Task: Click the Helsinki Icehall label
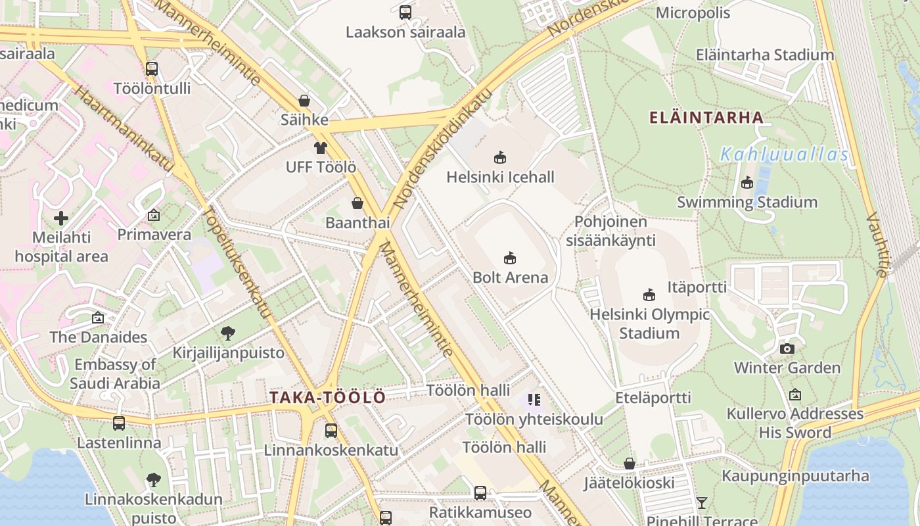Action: [500, 177]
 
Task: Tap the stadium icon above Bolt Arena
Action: [510, 258]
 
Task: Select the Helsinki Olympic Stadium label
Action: [649, 323]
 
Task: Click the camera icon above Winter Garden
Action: [787, 348]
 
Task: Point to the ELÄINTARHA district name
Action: [706, 118]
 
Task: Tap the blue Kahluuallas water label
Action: [785, 155]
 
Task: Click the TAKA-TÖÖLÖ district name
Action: [327, 398]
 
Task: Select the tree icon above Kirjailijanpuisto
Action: [228, 333]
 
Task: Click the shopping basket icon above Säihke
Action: [304, 101]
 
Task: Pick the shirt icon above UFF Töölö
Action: [320, 148]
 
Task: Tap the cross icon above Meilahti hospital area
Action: [61, 218]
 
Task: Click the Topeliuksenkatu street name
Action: [237, 262]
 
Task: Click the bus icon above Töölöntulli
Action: [152, 68]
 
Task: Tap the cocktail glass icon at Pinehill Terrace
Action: [702, 503]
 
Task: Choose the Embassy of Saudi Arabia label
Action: [115, 373]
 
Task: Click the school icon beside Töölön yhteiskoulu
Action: [534, 399]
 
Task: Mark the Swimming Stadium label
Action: [747, 202]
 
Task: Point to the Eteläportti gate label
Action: [653, 398]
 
